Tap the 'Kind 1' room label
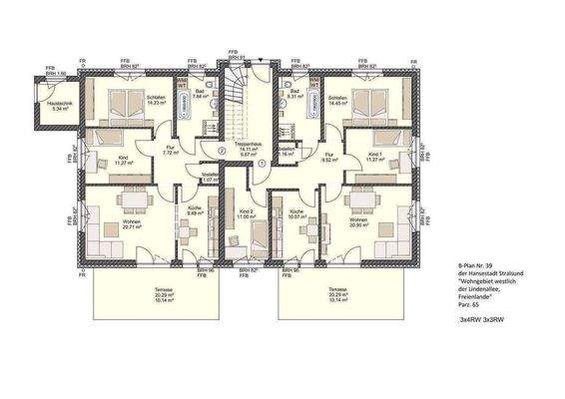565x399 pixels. point(375,157)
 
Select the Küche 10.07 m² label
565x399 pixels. point(296,213)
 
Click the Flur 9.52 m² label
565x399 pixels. point(328,157)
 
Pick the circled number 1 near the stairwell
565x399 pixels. point(260,164)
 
